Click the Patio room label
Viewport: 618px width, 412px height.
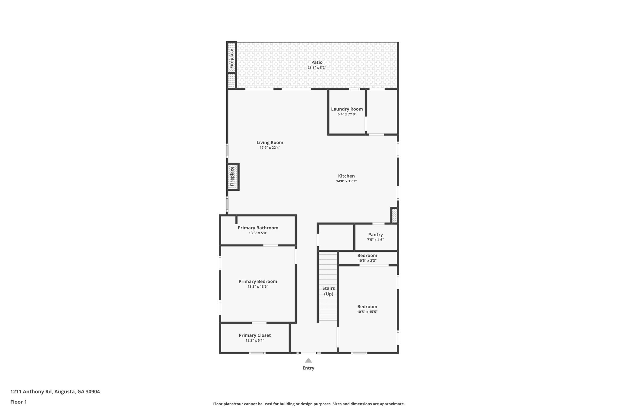(317, 62)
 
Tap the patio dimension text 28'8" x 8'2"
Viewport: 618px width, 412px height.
(317, 68)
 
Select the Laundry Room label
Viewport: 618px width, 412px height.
(347, 109)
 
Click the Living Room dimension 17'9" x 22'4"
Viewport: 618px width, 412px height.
(270, 148)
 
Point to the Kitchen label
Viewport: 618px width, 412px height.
(346, 176)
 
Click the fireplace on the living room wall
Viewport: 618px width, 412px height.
(233, 177)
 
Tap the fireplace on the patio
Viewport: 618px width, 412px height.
(231, 58)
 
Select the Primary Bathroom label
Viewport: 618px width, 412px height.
(258, 228)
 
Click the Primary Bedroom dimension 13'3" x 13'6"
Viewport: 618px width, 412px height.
(258, 287)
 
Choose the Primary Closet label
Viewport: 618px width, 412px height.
(255, 335)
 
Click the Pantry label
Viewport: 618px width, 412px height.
(375, 235)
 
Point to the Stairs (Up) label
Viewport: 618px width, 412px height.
(328, 291)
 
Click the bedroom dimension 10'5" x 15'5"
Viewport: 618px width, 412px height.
(367, 312)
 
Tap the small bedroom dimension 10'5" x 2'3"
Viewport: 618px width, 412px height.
(367, 261)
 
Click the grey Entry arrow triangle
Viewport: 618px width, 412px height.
(308, 360)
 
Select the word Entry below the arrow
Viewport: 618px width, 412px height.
(308, 368)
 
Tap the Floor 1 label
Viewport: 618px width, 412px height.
(18, 402)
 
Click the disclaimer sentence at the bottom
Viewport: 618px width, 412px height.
(309, 404)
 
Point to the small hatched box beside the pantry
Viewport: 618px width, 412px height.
(394, 216)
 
